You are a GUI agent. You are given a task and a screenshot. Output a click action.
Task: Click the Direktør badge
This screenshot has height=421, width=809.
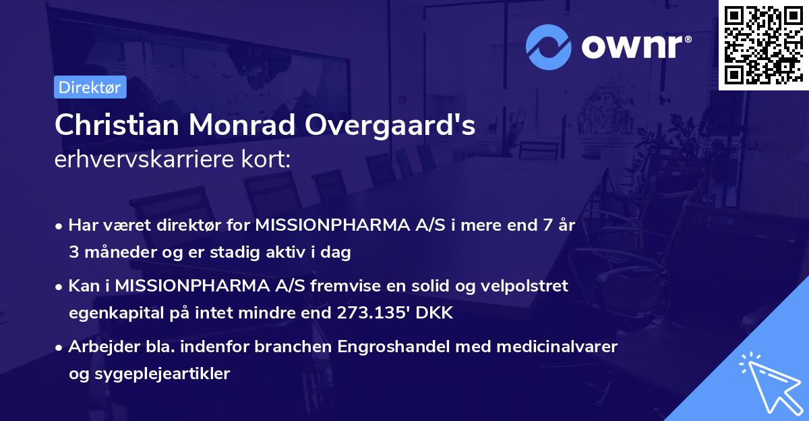click(x=90, y=87)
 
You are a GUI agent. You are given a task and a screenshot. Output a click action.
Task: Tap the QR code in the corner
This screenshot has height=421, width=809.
click(x=763, y=45)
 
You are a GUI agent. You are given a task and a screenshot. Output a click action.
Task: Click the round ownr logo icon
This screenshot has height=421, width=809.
click(x=549, y=47)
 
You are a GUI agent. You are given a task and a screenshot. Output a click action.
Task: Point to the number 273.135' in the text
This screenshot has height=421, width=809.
click(x=376, y=313)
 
